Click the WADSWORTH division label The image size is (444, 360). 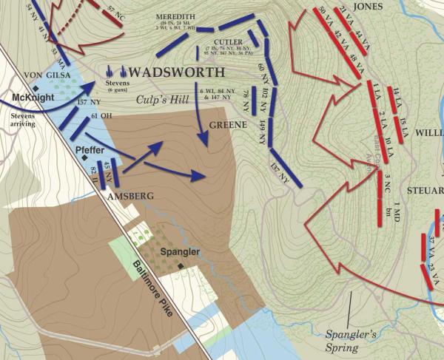pos(176,72)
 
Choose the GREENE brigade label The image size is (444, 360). pos(227,126)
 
